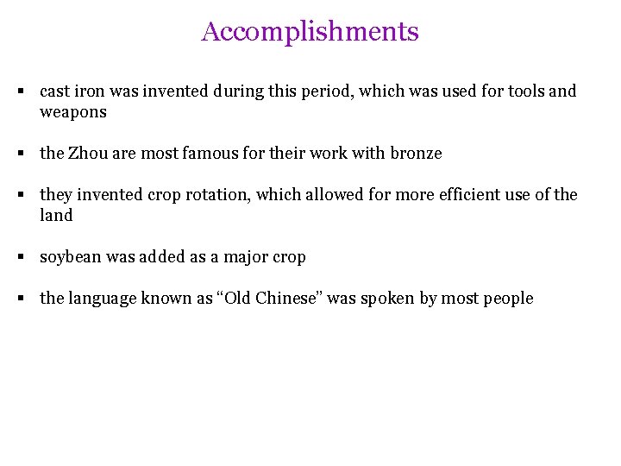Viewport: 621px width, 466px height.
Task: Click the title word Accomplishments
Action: click(x=310, y=32)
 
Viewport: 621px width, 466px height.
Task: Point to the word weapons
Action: click(x=73, y=112)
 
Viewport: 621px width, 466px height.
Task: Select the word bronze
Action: click(x=416, y=154)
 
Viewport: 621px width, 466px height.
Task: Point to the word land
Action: click(x=56, y=216)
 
